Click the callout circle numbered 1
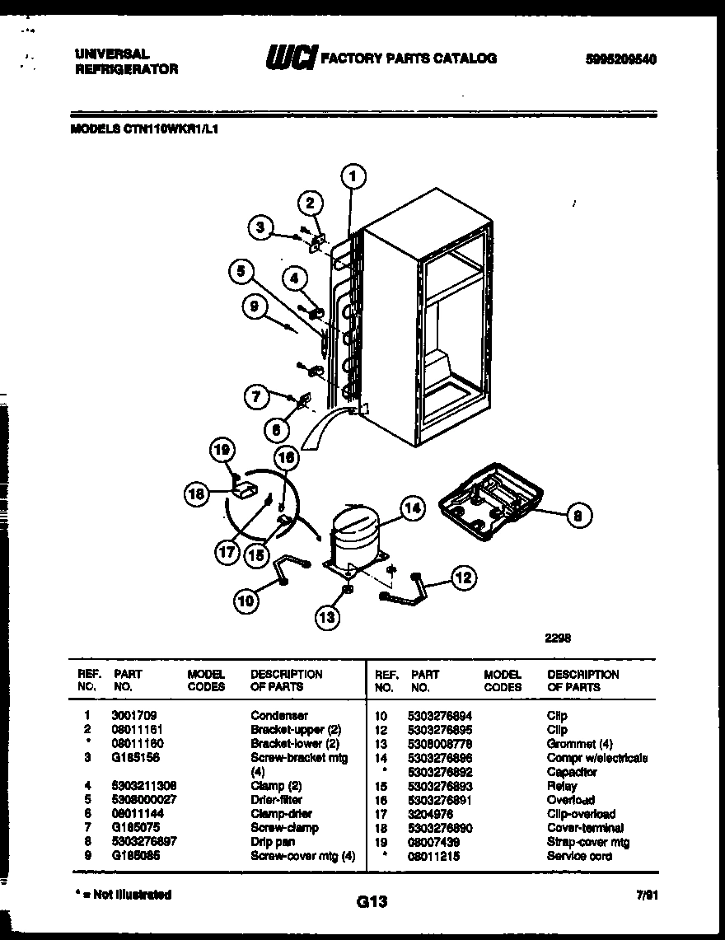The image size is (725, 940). click(352, 175)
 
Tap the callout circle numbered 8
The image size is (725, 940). click(578, 516)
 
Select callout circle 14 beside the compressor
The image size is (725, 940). click(412, 509)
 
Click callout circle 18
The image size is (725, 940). click(196, 493)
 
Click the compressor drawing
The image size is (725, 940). click(356, 536)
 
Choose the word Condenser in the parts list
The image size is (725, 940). click(278, 715)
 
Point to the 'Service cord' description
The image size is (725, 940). click(578, 856)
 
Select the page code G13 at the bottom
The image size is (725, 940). click(372, 902)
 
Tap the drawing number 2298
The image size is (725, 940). click(558, 637)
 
